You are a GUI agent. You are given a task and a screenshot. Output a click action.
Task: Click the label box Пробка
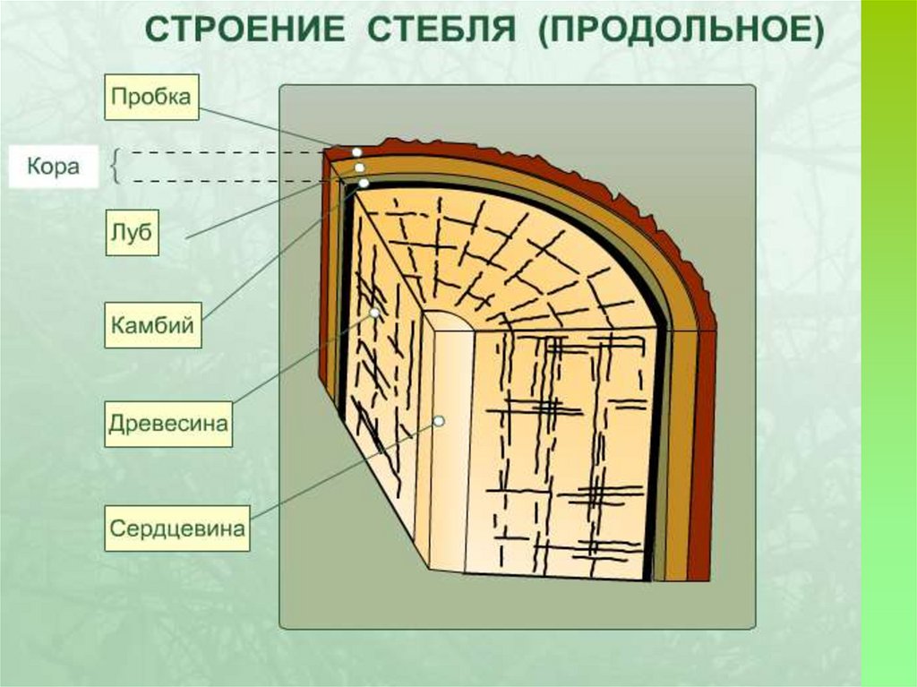pyautogui.click(x=151, y=98)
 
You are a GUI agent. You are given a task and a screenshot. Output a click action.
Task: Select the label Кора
pyautogui.click(x=53, y=167)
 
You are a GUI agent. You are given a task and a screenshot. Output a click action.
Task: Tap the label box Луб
pyautogui.click(x=132, y=233)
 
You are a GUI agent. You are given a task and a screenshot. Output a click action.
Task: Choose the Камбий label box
pyautogui.click(x=152, y=326)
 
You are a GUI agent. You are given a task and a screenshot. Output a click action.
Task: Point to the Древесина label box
pyautogui.click(x=168, y=423)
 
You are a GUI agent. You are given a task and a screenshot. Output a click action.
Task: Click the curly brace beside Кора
pyautogui.click(x=116, y=167)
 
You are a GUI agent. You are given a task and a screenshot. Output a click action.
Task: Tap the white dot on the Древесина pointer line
pyautogui.click(x=374, y=314)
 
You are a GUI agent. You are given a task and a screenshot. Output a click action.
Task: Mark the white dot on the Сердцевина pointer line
pyautogui.click(x=439, y=420)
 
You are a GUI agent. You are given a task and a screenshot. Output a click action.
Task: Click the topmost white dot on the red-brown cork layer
pyautogui.click(x=356, y=152)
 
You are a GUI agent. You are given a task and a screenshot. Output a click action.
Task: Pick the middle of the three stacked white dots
pyautogui.click(x=359, y=167)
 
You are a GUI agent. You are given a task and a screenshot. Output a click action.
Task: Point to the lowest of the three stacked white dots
pyautogui.click(x=364, y=183)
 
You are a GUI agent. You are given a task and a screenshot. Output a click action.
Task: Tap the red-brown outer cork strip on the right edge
pyautogui.click(x=706, y=448)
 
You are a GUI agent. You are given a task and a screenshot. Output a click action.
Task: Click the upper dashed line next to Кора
pyautogui.click(x=224, y=153)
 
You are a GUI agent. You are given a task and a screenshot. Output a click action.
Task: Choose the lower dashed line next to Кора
pyautogui.click(x=224, y=182)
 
